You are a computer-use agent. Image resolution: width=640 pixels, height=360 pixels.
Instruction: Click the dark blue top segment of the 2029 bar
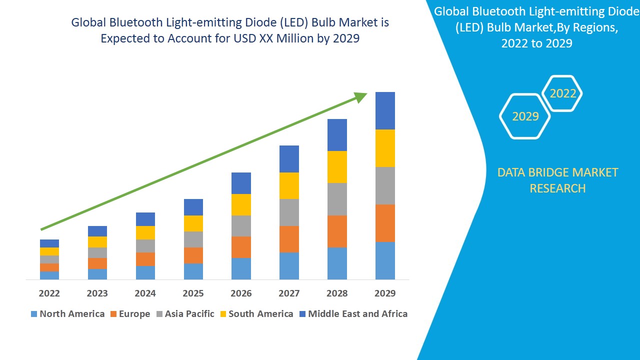[x=385, y=110]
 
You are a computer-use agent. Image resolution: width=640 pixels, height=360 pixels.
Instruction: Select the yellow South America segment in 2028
[x=337, y=167]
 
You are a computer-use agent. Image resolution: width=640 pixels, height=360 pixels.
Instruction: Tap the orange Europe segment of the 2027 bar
[x=289, y=239]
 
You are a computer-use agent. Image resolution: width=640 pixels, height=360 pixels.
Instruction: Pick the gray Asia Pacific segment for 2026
[x=241, y=226]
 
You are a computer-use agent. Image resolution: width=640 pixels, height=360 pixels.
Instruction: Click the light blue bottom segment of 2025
[x=193, y=271]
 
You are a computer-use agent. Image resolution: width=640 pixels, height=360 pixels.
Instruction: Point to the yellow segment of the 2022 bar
[x=49, y=251]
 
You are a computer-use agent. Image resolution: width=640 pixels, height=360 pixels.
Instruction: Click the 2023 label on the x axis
[x=97, y=293]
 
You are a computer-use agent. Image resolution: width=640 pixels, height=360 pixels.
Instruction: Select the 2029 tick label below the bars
[x=385, y=293]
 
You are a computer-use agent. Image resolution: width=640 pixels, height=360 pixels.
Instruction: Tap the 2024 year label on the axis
[x=145, y=293]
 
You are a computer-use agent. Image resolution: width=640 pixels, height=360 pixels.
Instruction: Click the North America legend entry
[x=72, y=314]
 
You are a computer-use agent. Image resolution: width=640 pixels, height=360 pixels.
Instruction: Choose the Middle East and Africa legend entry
[x=357, y=314]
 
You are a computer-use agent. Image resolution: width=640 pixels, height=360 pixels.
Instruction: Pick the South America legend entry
[x=260, y=314]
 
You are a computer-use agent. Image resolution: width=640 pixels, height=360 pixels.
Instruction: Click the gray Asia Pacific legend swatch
[x=159, y=314]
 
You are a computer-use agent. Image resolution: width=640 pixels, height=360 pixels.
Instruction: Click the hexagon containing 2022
[x=562, y=93]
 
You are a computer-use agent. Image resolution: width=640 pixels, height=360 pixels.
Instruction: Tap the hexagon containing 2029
[x=525, y=116]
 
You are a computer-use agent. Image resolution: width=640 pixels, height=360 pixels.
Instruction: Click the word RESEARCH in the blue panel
[x=557, y=188]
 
